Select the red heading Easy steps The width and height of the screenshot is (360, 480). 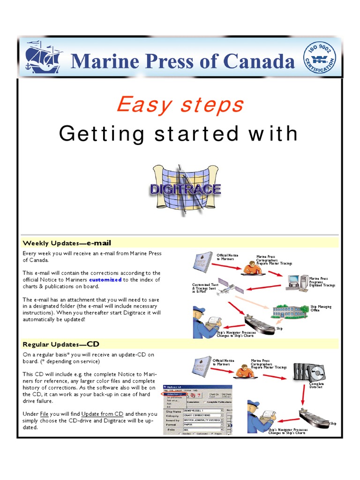coord(180,104)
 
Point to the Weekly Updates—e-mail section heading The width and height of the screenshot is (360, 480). coord(67,243)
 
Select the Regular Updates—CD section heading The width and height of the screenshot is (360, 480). coord(61,345)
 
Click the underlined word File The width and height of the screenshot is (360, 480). coord(44,414)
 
